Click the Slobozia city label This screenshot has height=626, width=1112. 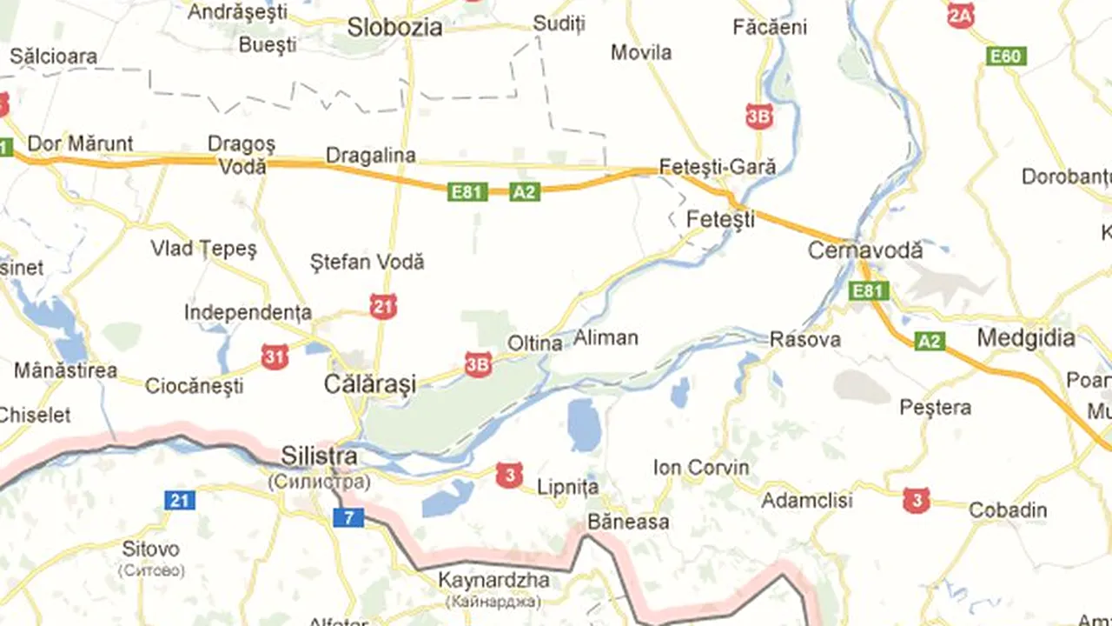coord(394,27)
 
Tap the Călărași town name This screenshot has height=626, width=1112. coord(370,383)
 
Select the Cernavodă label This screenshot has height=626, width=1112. coord(865,250)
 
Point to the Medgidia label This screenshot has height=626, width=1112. coord(1026,337)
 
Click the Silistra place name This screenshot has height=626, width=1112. coord(319,456)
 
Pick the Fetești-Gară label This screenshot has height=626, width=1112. coord(718,166)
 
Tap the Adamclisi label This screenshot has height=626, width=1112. coord(807,501)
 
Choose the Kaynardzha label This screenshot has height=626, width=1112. coord(493,580)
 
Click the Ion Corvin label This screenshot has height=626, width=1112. coord(701,468)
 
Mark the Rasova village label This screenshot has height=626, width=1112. coord(805,339)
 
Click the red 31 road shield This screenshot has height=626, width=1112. coord(275,356)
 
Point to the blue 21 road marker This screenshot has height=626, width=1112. coord(180,500)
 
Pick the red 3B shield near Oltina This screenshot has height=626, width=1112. coord(478,364)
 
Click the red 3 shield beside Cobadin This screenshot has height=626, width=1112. coord(916,500)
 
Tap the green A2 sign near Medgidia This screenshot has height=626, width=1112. coord(930,341)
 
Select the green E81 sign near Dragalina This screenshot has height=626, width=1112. coord(467,191)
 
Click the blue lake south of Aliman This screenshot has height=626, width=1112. coord(584,423)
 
